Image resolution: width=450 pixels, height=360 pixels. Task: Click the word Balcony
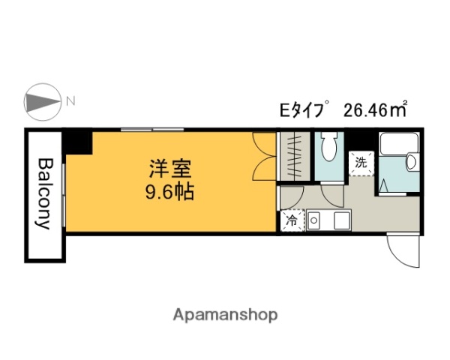click(x=45, y=193)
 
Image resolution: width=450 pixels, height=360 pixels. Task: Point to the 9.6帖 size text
click(x=169, y=193)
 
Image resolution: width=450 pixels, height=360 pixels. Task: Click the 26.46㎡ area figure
click(x=374, y=110)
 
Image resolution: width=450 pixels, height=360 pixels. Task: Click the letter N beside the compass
click(x=70, y=101)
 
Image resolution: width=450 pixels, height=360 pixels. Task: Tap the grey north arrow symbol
click(x=42, y=102)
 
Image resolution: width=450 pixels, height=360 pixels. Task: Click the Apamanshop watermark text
click(x=225, y=315)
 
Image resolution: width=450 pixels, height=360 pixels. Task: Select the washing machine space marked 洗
click(x=361, y=162)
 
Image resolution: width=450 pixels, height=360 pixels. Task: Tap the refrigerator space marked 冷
click(x=292, y=220)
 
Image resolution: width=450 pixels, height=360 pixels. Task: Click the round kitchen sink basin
click(x=315, y=221)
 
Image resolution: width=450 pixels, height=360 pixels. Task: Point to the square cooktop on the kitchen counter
click(x=342, y=221)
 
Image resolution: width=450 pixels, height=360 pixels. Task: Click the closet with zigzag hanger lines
click(x=295, y=156)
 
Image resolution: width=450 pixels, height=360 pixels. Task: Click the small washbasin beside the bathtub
click(x=411, y=162)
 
